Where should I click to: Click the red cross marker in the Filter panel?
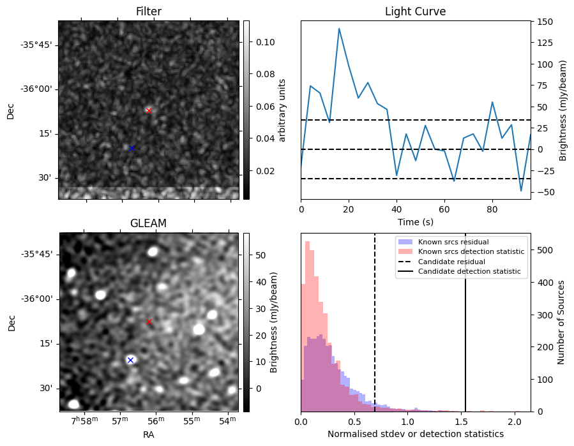click(x=149, y=110)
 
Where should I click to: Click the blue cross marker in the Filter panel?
click(x=132, y=148)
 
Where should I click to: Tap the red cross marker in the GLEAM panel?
click(x=149, y=322)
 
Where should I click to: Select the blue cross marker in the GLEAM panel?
click(x=130, y=360)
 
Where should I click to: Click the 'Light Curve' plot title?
click(x=415, y=11)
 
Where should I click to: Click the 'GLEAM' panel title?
click(x=148, y=223)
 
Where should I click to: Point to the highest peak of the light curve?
click(x=339, y=29)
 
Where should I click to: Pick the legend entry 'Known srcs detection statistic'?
click(x=471, y=251)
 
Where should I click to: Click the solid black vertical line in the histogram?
click(x=465, y=332)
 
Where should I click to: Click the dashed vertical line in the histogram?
click(x=375, y=332)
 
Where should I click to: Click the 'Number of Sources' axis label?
click(x=561, y=322)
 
